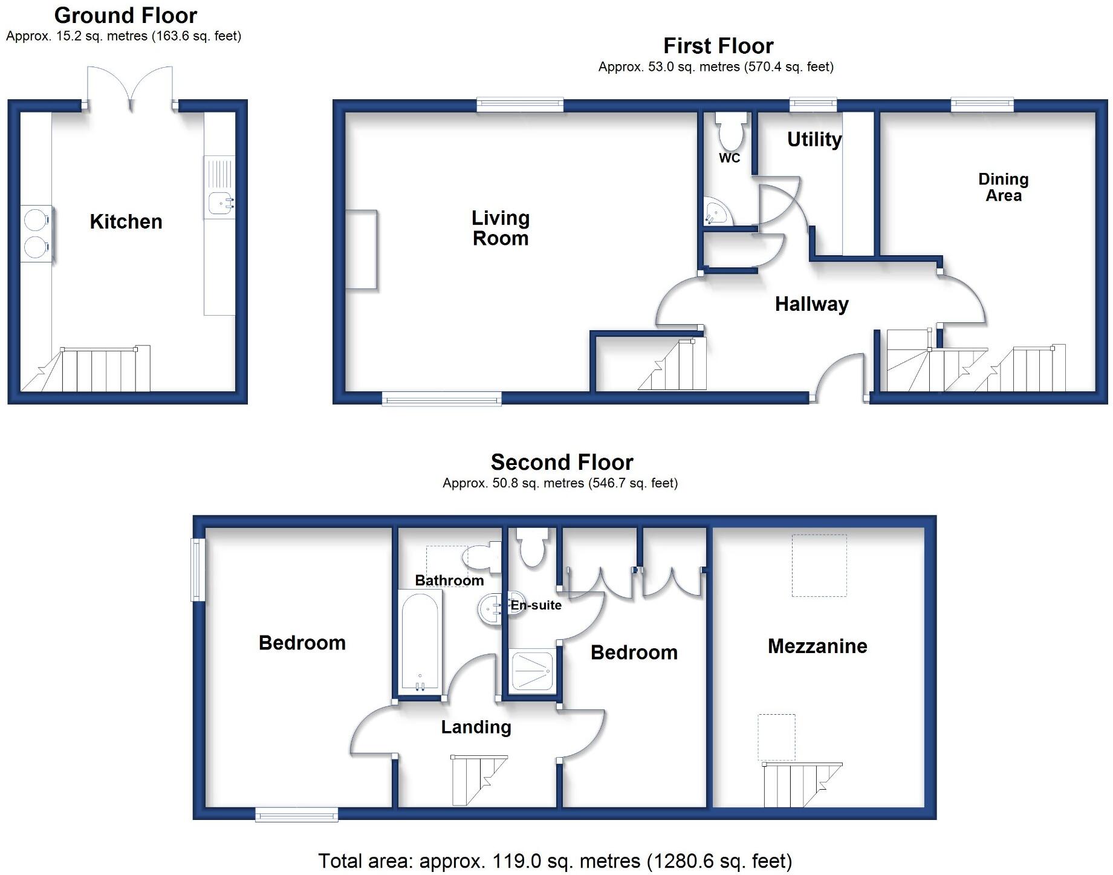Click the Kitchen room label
(126, 222)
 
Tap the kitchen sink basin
(218, 203)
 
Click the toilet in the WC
(730, 132)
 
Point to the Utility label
(814, 140)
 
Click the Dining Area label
(1003, 187)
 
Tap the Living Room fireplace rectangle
(362, 250)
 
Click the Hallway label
(811, 304)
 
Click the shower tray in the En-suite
(532, 671)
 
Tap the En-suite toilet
(533, 547)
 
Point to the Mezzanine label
(817, 646)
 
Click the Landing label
(476, 727)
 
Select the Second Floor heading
(562, 463)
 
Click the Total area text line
(554, 861)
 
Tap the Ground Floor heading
(126, 15)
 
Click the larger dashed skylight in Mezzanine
(819, 565)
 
